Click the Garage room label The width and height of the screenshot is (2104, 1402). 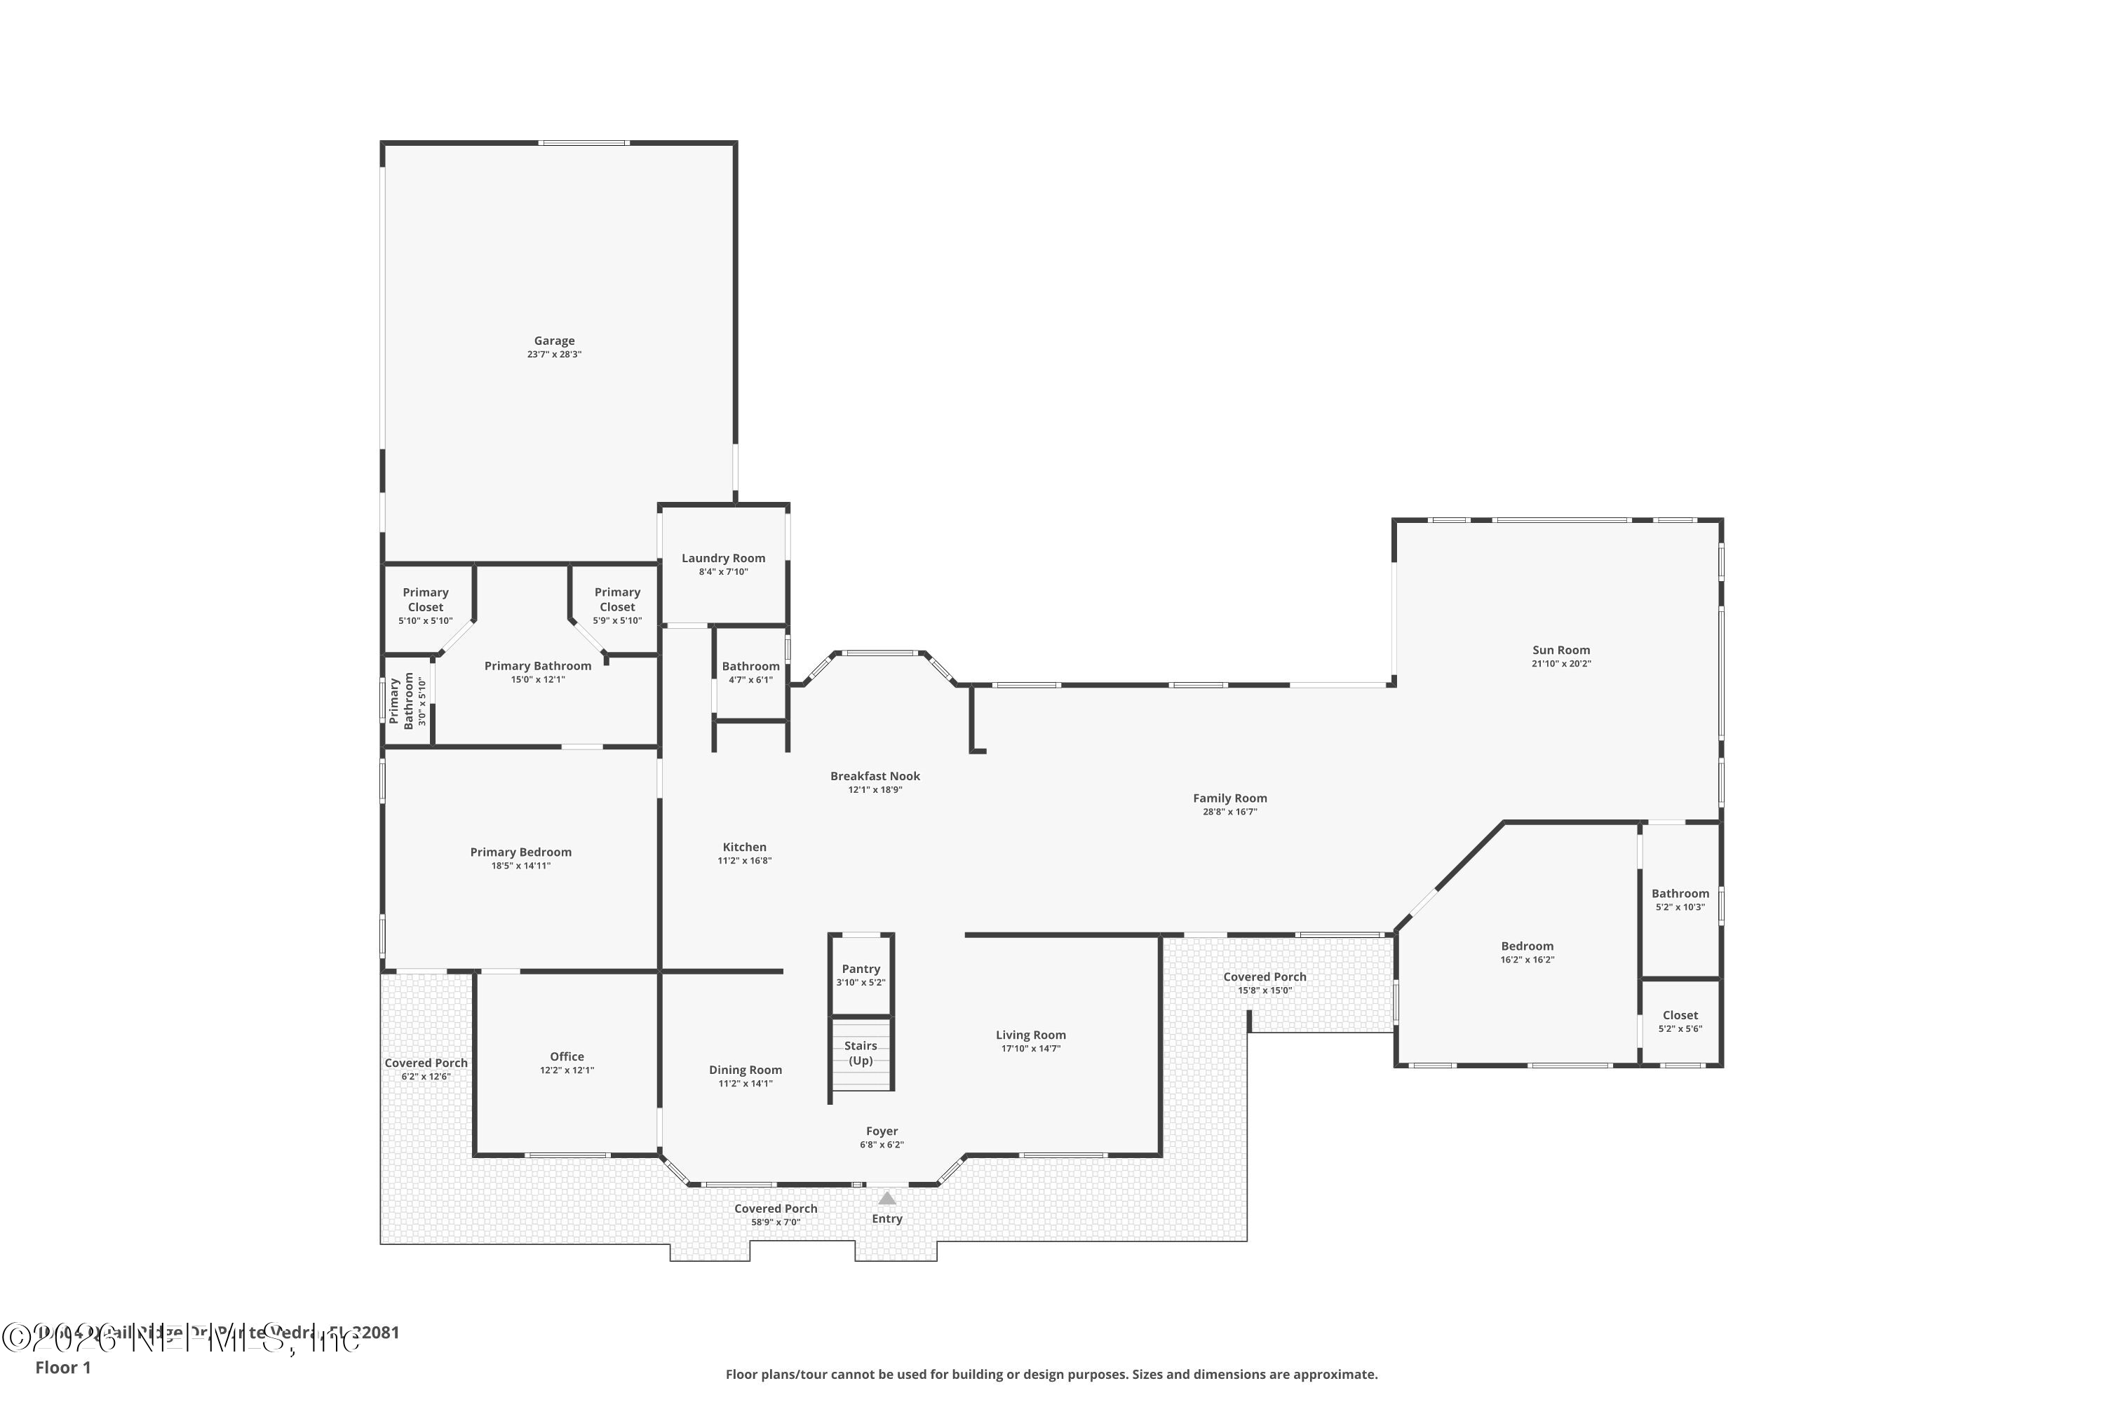click(x=554, y=341)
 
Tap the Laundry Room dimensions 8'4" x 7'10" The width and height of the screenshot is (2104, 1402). click(x=723, y=572)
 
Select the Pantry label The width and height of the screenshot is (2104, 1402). click(x=861, y=969)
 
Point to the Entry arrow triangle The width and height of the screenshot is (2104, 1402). click(x=886, y=1198)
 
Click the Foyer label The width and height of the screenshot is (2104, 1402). click(x=881, y=1131)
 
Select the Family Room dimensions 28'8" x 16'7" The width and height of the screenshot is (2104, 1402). click(x=1230, y=812)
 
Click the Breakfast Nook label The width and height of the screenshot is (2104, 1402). click(x=875, y=776)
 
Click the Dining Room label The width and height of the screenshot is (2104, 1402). click(x=745, y=1070)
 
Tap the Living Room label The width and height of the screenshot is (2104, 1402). click(x=1030, y=1035)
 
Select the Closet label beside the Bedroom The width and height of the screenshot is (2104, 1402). click(x=1680, y=1015)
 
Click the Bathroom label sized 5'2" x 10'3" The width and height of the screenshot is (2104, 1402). click(x=1680, y=893)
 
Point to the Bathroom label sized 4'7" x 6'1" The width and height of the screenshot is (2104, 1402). click(x=750, y=666)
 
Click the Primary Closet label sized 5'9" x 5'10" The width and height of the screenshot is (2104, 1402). click(x=617, y=599)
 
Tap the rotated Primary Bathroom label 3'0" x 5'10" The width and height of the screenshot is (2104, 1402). click(x=402, y=701)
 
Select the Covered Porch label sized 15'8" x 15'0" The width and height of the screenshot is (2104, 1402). click(x=1264, y=977)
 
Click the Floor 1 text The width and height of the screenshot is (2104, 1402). click(x=62, y=1367)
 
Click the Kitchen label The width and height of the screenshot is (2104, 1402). click(x=744, y=847)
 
